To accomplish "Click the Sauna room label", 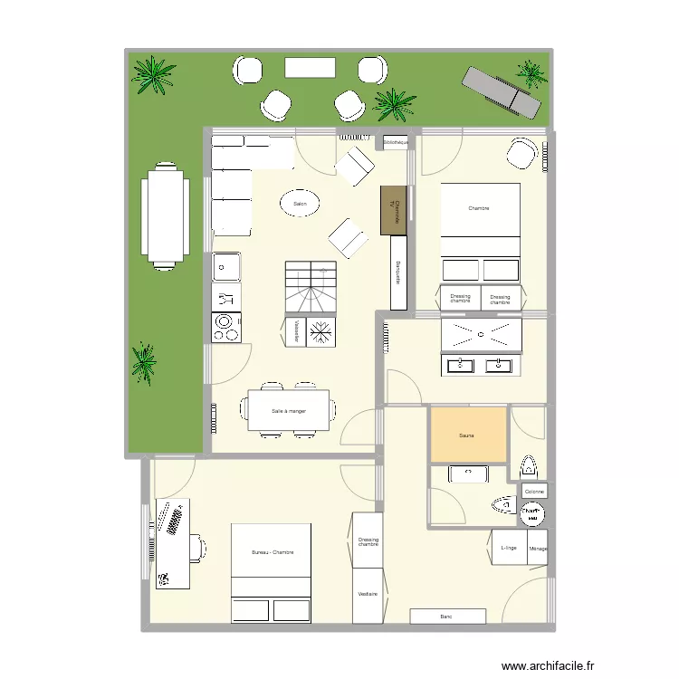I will [x=467, y=435].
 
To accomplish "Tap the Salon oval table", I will [x=300, y=205].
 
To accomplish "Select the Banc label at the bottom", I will [x=445, y=617].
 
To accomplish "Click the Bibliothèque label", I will [x=396, y=142].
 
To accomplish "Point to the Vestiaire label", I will [x=368, y=595].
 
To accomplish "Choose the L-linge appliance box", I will [x=508, y=548].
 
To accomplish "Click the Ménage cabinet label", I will [x=539, y=548].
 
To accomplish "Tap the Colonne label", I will [x=534, y=492].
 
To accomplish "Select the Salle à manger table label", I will [x=289, y=411].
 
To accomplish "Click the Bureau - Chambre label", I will [x=273, y=552].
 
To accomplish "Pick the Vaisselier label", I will [x=297, y=332].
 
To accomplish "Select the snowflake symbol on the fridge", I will [x=320, y=333].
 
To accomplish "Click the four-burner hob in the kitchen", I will [x=225, y=327].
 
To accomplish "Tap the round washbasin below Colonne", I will [x=532, y=515].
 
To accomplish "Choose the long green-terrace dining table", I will [x=164, y=215].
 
